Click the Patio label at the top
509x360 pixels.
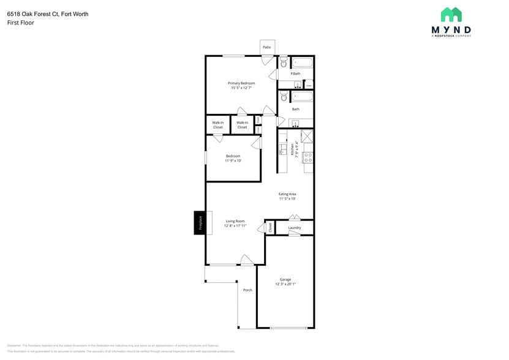[x=266, y=47]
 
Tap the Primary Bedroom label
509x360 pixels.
[x=241, y=83]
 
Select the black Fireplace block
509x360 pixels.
[x=199, y=222]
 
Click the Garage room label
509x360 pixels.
[x=285, y=279]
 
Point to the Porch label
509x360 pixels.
[x=247, y=290]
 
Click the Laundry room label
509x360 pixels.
[x=295, y=228]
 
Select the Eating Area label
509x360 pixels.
[x=287, y=194]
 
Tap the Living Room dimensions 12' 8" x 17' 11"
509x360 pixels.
[x=235, y=226]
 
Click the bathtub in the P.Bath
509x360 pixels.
[x=302, y=62]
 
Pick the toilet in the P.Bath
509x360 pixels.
[x=284, y=62]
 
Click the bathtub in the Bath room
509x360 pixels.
[x=302, y=97]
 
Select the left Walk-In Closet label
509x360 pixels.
[x=218, y=125]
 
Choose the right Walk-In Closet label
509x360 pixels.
[x=242, y=125]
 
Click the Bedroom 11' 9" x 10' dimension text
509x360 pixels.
[x=233, y=161]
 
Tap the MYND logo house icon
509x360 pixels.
[x=451, y=15]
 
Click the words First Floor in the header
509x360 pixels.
[x=21, y=23]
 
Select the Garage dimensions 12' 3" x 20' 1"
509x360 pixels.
[x=285, y=284]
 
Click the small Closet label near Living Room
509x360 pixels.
[x=270, y=228]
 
